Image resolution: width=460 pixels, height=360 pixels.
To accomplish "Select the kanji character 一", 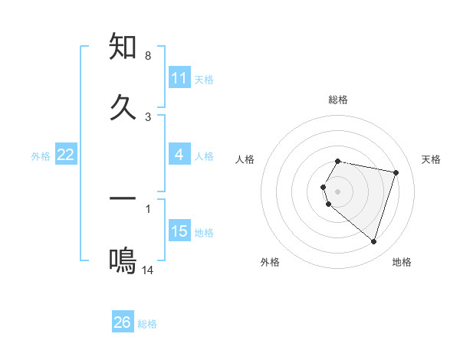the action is point(123,199).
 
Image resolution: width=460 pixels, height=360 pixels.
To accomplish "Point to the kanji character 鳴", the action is point(123,261).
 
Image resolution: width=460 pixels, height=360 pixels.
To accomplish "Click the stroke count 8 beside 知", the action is point(147,56).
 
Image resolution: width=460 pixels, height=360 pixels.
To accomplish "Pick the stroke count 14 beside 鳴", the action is point(148,270).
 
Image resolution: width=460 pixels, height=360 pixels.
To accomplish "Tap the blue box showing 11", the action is point(179,78).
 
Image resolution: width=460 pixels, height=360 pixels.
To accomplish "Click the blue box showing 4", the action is point(179,155).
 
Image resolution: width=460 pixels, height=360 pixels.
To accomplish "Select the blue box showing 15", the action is point(179,231).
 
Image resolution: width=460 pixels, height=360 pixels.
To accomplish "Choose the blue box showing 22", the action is point(66,155).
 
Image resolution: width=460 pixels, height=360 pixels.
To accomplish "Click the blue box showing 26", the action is point(123,322).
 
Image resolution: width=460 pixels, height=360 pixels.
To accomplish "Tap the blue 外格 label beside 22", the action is point(41,155).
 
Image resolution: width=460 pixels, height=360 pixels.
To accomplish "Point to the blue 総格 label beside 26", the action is point(147,323).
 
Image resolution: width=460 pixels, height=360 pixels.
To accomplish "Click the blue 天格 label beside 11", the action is point(204,79).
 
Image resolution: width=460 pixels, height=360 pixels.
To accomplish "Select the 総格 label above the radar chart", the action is point(338,100).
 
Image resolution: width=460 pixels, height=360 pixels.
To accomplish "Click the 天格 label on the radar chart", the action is point(432,159).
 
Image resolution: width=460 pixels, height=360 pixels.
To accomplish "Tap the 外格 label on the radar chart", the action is point(270,262).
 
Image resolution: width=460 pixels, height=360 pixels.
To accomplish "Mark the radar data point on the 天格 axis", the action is point(396,172).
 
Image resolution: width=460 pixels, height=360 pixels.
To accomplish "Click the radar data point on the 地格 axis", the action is point(373,241).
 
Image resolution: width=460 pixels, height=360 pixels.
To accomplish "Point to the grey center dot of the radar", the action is point(338,191).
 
